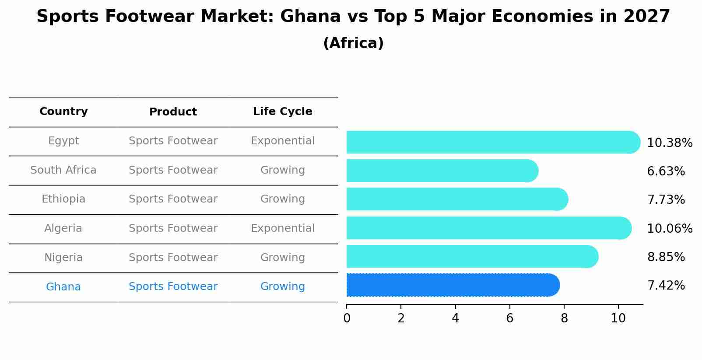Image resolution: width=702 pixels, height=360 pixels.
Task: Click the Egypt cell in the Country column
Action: [x=63, y=141]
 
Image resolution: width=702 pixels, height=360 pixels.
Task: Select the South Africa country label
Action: [x=63, y=170]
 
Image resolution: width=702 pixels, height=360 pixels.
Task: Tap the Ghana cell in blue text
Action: [x=63, y=287]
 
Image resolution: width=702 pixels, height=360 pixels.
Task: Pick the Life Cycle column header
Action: [x=282, y=112]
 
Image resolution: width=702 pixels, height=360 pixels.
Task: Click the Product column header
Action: [x=173, y=112]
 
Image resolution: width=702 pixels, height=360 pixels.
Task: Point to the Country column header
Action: [x=63, y=112]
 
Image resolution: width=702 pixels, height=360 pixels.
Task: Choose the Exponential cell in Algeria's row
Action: [x=282, y=228]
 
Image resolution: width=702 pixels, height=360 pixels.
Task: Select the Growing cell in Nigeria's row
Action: [x=282, y=258]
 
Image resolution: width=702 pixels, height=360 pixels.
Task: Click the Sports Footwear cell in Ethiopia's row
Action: [x=173, y=199]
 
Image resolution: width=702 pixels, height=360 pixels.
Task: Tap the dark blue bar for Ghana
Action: [x=451, y=285]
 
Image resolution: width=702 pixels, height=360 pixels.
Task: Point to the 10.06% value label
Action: [x=669, y=229]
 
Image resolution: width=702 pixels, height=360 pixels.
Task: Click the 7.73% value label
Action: [x=666, y=200]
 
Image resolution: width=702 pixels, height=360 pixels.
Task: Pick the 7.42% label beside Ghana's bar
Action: [x=666, y=286]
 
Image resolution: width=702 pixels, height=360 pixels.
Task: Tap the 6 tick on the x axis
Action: [x=509, y=318]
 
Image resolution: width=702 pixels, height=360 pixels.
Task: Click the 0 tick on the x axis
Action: [x=347, y=318]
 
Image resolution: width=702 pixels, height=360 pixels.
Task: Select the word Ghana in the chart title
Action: [x=310, y=17]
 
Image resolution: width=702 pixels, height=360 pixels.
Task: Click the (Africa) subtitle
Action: [x=353, y=43]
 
